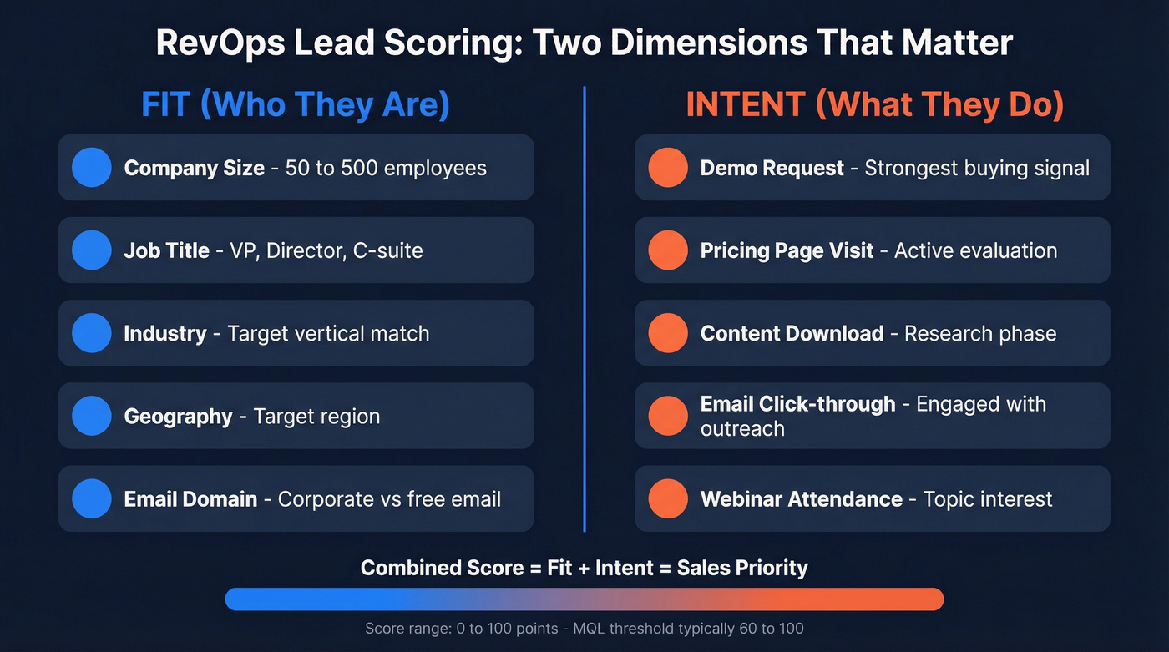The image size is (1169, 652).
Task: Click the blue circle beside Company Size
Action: (x=91, y=167)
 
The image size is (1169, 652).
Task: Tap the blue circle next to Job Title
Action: (x=91, y=250)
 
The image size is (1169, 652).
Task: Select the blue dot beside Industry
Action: (x=91, y=333)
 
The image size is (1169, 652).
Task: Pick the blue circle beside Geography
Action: (x=91, y=416)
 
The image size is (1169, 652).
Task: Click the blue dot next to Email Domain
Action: (x=91, y=498)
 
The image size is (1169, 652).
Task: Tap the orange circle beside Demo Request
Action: (x=667, y=167)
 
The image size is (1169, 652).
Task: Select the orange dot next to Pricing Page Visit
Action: (x=667, y=250)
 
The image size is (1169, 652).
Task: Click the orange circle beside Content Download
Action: (x=667, y=333)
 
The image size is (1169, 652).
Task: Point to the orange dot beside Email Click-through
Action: (x=667, y=416)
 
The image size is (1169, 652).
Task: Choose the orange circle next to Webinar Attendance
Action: (x=667, y=498)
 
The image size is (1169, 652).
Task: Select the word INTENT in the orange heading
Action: (x=745, y=105)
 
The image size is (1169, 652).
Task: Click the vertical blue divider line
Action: (x=584, y=309)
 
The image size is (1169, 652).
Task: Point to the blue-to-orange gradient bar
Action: (x=584, y=599)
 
